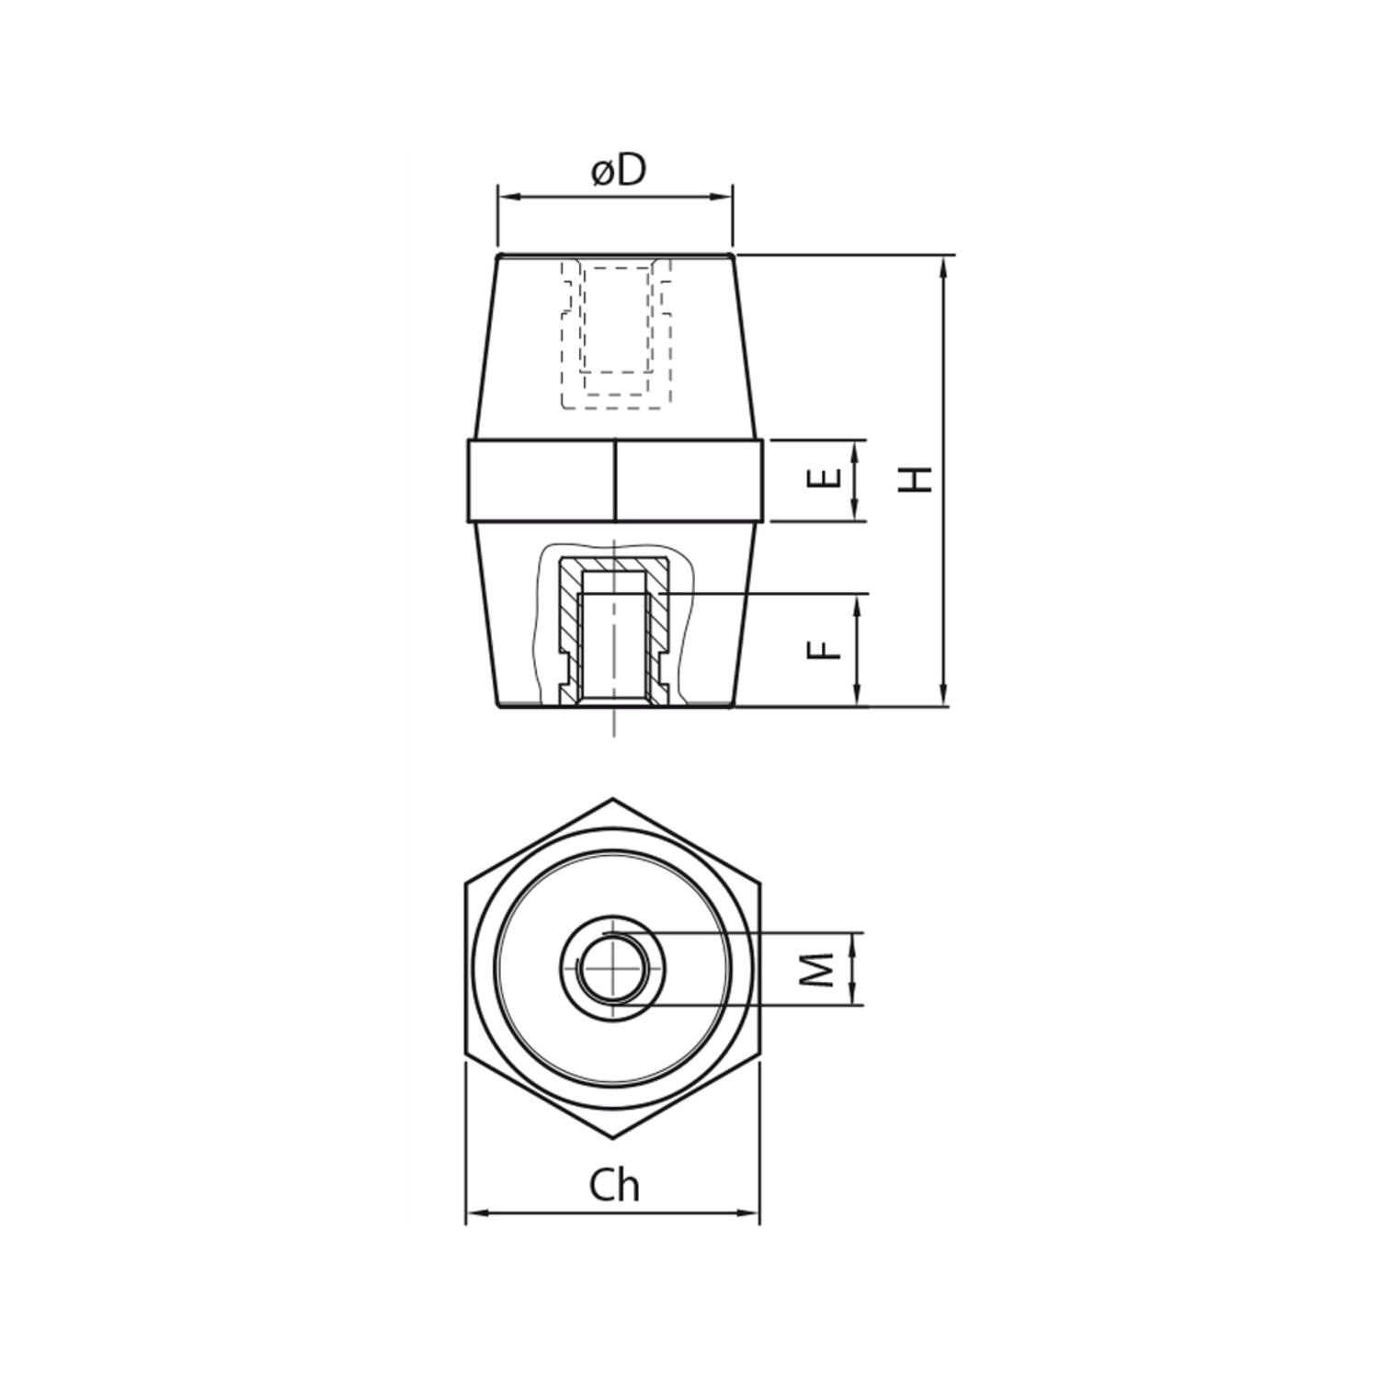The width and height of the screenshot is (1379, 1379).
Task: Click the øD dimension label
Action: coord(619,171)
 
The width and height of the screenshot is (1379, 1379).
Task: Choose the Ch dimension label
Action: coord(614,1186)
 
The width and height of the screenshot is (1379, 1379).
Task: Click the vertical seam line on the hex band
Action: coord(614,481)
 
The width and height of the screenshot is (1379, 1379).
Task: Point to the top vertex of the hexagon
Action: coord(612,798)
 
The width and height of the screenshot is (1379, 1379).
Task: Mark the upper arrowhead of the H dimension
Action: coord(943,266)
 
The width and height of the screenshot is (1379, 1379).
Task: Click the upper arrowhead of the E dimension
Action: coord(856,449)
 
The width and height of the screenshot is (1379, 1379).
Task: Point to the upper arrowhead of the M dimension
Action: coord(856,940)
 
